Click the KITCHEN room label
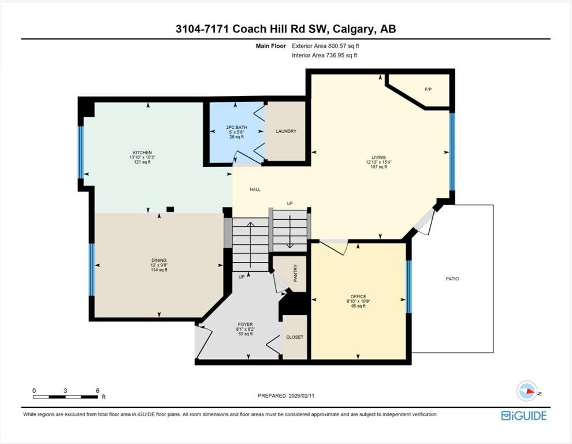[x=142, y=153]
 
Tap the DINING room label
[x=159, y=260]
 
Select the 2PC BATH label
[x=236, y=127]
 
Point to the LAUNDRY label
[x=286, y=131]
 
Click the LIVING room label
[x=378, y=158]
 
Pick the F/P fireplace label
[x=428, y=89]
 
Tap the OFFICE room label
[x=358, y=297]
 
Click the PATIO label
[x=452, y=279]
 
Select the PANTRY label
[x=295, y=273]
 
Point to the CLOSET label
[x=295, y=337]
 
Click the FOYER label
[x=245, y=324]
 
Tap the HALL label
[x=255, y=190]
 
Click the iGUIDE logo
[x=524, y=416]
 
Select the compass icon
[x=527, y=391]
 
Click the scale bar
[x=66, y=397]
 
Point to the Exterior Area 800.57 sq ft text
[x=325, y=46]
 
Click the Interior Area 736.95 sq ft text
[x=324, y=55]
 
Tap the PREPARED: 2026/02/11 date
[x=286, y=395]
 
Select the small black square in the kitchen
[x=170, y=209]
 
